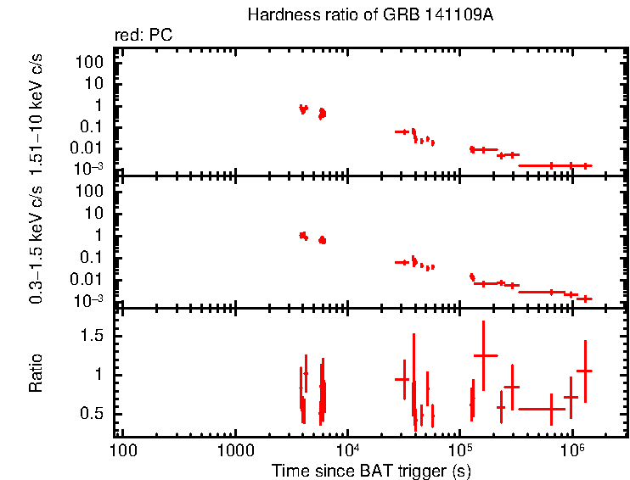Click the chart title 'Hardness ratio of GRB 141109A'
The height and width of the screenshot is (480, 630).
(x=369, y=15)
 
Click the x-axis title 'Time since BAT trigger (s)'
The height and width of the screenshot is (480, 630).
(x=371, y=469)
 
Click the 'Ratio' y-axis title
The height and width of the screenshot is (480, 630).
(x=37, y=374)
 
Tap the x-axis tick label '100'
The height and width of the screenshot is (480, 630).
(x=124, y=448)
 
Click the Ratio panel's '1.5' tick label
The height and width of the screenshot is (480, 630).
(x=94, y=337)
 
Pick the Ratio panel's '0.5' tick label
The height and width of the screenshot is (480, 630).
(x=94, y=414)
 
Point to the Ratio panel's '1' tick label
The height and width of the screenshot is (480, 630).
(x=101, y=375)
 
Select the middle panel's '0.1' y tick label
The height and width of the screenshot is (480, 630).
(x=93, y=258)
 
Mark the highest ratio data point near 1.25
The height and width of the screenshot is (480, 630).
(x=484, y=355)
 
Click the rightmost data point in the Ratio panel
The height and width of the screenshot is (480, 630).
(x=584, y=371)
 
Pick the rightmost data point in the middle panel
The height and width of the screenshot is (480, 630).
(x=584, y=299)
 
